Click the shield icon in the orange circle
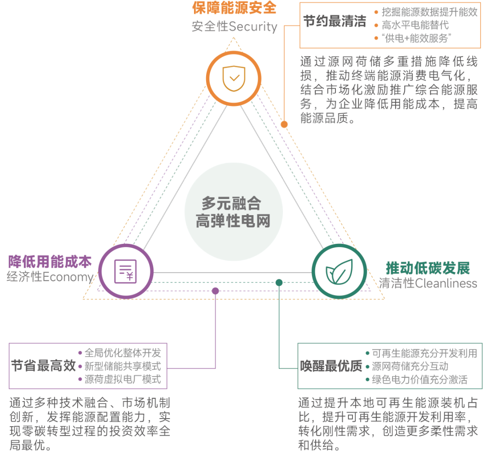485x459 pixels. [234, 78]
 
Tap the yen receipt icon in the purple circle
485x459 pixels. [125, 272]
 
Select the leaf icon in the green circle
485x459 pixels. [339, 272]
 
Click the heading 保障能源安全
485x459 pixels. [234, 8]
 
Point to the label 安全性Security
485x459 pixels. [234, 26]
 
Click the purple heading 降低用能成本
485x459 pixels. [50, 262]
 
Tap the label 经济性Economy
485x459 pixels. [50, 277]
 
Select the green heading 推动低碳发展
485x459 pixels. [428, 268]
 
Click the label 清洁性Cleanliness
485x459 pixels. [428, 283]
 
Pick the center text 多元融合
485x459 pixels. [231, 203]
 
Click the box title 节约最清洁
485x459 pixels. [335, 22]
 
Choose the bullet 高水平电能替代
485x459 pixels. [415, 25]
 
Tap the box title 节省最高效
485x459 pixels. [43, 366]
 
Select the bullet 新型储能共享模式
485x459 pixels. [123, 366]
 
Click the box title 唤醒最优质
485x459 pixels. [331, 366]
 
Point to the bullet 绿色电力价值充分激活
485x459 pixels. [420, 380]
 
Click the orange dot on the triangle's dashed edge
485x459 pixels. [284, 124]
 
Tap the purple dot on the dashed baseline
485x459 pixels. [215, 291]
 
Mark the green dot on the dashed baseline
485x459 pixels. [279, 282]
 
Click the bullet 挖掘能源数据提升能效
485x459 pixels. [430, 12]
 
